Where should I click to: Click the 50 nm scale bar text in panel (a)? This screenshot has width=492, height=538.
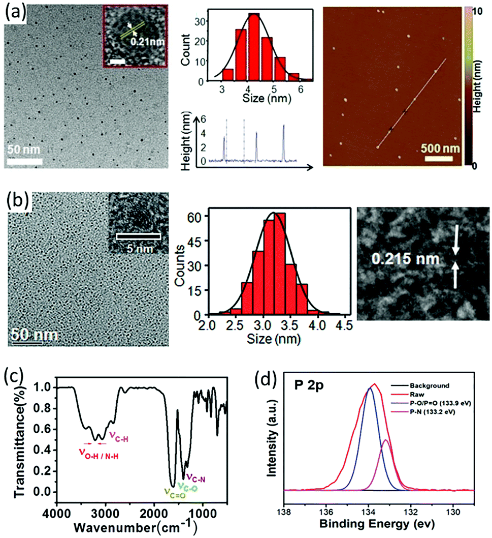click(x=24, y=150)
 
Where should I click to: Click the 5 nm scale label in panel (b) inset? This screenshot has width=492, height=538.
click(x=138, y=247)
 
